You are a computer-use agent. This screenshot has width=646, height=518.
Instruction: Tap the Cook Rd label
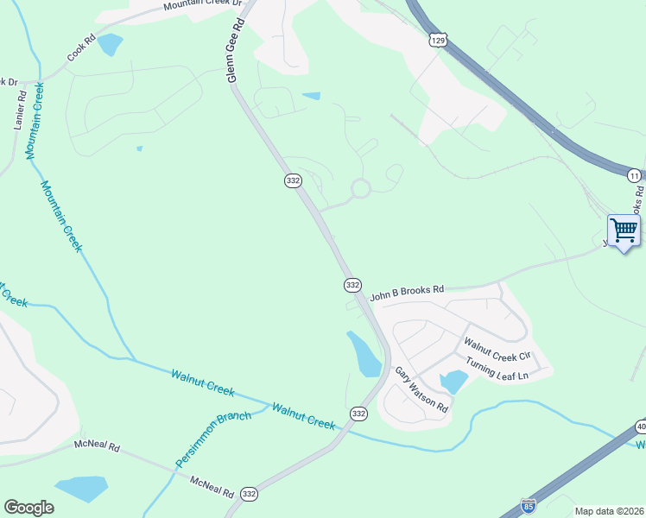tap(79, 53)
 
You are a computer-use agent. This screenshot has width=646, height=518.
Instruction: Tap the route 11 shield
tap(635, 175)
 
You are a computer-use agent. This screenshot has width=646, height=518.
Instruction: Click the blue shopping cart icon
tap(624, 231)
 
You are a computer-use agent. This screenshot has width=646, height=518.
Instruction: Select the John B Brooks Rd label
tap(407, 293)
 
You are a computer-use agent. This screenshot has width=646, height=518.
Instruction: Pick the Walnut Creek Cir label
tap(497, 350)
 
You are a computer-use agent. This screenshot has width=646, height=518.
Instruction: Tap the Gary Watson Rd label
tap(421, 388)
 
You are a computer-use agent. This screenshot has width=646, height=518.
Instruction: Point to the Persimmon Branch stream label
tap(213, 439)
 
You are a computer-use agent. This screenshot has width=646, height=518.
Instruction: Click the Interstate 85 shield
tap(529, 507)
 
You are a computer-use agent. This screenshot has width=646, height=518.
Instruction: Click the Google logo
tap(28, 508)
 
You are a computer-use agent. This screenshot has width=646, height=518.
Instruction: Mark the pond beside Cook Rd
tap(110, 44)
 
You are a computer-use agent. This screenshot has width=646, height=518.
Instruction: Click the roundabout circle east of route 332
tap(360, 188)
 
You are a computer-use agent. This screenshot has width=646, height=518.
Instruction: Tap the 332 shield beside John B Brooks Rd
tap(351, 284)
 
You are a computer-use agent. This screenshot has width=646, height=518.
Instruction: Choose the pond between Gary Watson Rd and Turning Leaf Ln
tap(453, 381)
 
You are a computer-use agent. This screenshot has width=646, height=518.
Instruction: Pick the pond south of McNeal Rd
tap(80, 489)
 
